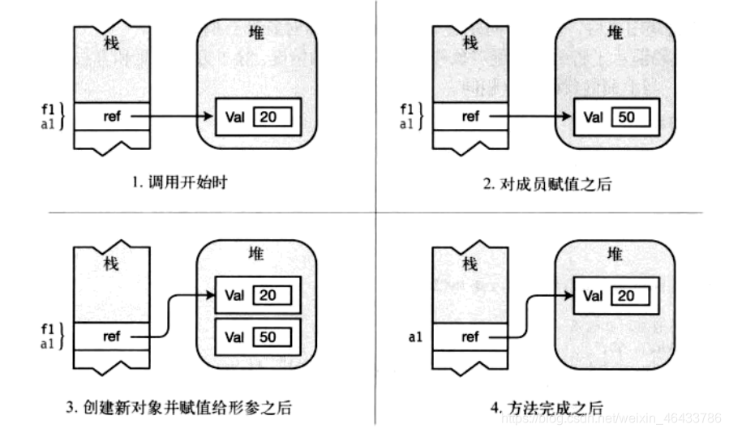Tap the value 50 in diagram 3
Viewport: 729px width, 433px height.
pos(268,335)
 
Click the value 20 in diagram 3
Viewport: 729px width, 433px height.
pos(268,295)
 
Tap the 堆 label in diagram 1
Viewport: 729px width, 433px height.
pos(255,34)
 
